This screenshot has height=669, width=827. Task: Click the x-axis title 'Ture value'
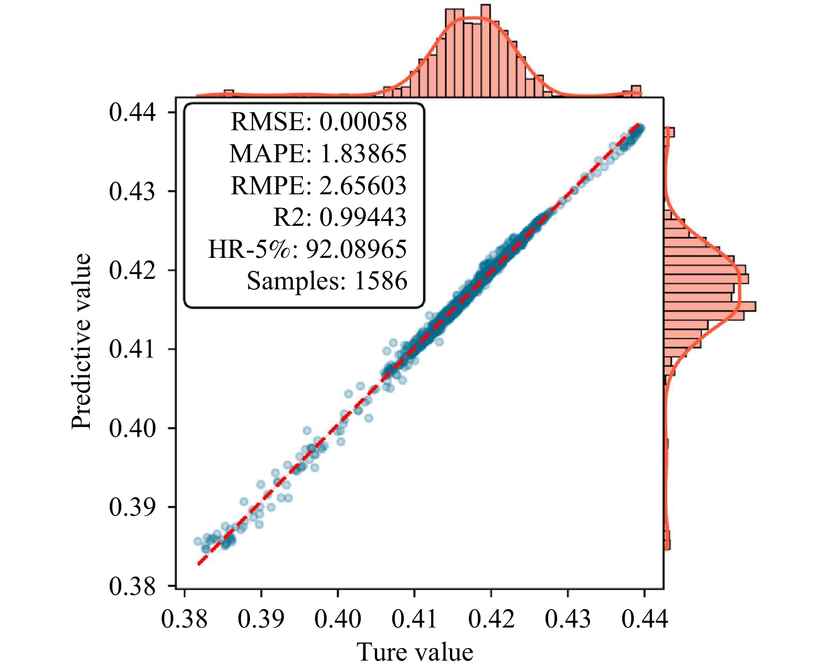415,652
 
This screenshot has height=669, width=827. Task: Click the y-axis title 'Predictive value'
82,341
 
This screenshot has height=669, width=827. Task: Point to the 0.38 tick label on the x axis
184,619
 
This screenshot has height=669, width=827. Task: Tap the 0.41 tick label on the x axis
414,619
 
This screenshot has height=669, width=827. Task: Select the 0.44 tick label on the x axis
644,619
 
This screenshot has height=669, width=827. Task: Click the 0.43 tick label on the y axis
132,191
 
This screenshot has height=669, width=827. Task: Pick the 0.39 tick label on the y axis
132,507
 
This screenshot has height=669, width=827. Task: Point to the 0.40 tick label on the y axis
132,428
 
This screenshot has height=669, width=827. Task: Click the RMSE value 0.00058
363,122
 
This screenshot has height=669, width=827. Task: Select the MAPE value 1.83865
363,154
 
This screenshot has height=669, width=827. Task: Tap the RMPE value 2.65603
363,186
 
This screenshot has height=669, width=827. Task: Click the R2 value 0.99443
363,217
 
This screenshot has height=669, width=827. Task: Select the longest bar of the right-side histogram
709,306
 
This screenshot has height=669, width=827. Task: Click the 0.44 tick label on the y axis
132,112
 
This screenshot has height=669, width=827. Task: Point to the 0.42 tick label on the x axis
491,619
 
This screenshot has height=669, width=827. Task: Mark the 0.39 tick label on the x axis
261,619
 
